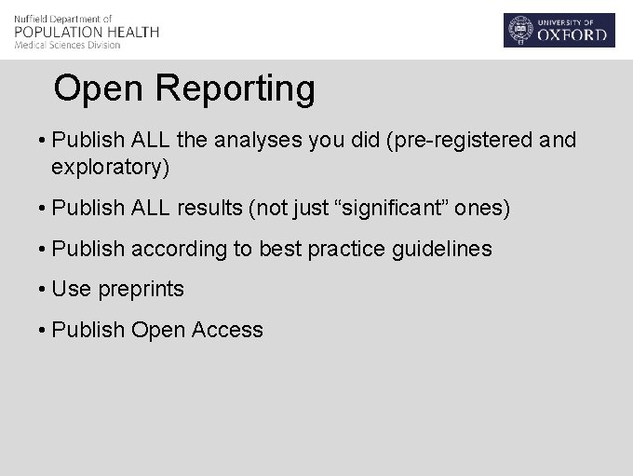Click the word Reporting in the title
coord(236,89)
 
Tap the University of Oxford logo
coord(559,30)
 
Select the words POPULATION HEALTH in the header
coord(87,32)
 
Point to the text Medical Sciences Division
coord(67,45)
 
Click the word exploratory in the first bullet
coord(107,168)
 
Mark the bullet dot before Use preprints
coord(43,290)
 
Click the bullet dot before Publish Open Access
coord(43,330)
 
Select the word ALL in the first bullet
coord(151,141)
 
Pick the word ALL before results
coord(151,208)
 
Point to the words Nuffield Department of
coord(63,19)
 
